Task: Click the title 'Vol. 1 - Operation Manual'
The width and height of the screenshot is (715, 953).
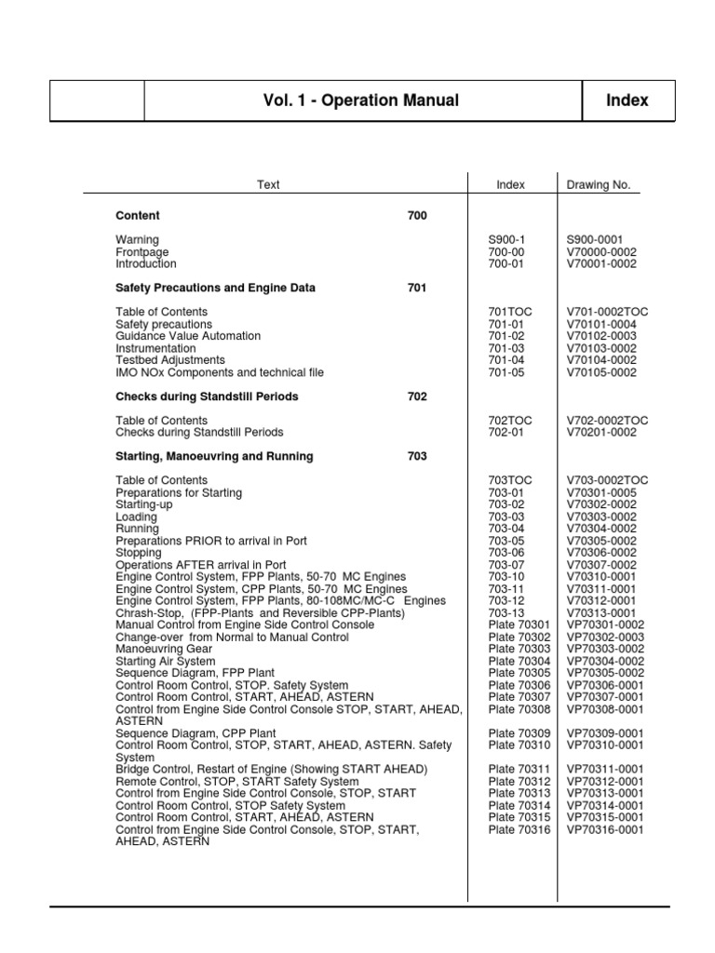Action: pyautogui.click(x=362, y=101)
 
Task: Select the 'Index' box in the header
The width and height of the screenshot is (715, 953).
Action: pyautogui.click(x=627, y=101)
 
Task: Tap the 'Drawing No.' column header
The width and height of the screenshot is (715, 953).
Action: pyautogui.click(x=599, y=185)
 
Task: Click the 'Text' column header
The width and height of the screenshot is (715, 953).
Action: pyautogui.click(x=268, y=185)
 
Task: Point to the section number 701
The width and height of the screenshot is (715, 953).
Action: pyautogui.click(x=417, y=289)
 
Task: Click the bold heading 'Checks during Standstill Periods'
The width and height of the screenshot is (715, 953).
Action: pyautogui.click(x=207, y=396)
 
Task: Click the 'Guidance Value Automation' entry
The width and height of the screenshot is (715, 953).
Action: pyautogui.click(x=188, y=336)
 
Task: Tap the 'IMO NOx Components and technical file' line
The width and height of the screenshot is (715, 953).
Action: pyautogui.click(x=220, y=372)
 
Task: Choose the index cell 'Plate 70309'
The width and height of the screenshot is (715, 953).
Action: pyautogui.click(x=519, y=733)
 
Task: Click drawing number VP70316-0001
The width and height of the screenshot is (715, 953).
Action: pyautogui.click(x=604, y=829)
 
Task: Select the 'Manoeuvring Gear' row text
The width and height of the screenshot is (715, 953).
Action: pyautogui.click(x=163, y=649)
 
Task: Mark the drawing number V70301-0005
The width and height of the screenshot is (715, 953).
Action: pyautogui.click(x=601, y=493)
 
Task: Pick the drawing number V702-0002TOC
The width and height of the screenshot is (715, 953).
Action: pyautogui.click(x=607, y=421)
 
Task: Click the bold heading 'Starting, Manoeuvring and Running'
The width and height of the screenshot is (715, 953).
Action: pyautogui.click(x=214, y=457)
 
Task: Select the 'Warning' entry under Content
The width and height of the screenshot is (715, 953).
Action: pyautogui.click(x=137, y=240)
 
